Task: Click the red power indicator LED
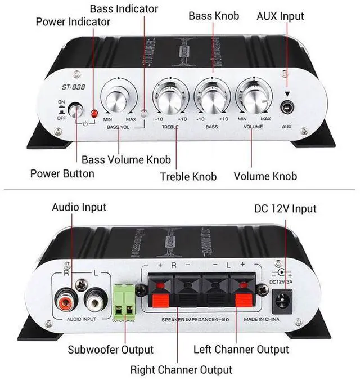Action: click(94, 115)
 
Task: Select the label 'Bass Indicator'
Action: click(124, 8)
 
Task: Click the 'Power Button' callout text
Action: click(62, 173)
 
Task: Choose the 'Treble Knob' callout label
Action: click(188, 176)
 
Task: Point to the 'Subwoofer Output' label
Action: click(110, 350)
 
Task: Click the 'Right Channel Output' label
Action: click(181, 370)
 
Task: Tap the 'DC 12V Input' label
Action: click(285, 209)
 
